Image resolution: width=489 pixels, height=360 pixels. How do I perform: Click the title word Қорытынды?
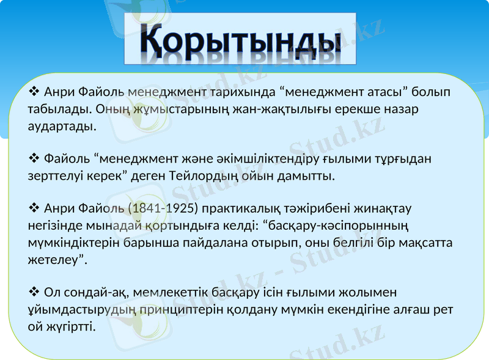240,39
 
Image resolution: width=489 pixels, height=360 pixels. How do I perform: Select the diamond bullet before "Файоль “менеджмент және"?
34,159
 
